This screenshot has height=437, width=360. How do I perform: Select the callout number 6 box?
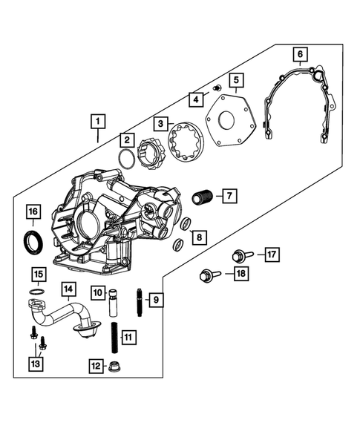[299, 53]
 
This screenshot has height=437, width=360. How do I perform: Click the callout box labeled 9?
[155, 300]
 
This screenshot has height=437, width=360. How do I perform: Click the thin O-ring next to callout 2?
[128, 159]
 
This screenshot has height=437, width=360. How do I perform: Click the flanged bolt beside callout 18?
[207, 277]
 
